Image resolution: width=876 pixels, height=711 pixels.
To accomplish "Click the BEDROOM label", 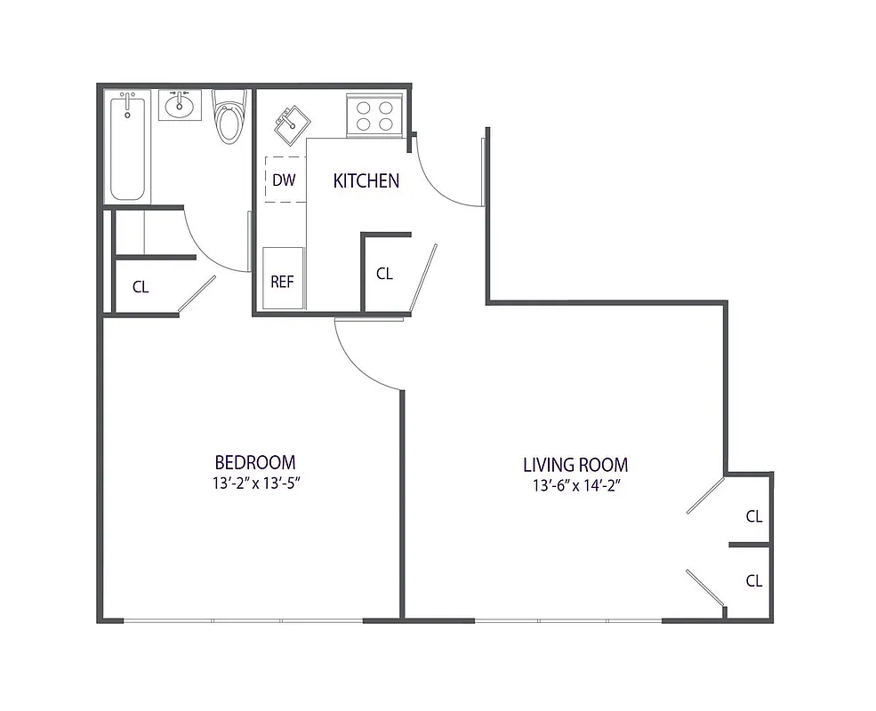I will (254, 462).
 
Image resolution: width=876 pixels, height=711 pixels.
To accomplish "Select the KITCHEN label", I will (366, 181).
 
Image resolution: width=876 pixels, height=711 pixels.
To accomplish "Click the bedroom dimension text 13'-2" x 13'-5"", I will (254, 484).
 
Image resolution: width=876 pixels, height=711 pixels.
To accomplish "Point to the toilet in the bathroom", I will (229, 120).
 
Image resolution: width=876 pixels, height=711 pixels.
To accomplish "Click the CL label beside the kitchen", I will (384, 274).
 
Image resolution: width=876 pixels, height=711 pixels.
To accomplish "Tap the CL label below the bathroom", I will (141, 287).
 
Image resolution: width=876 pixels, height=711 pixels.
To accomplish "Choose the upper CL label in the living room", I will (754, 515).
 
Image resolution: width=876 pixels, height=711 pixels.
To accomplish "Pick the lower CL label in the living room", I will (754, 581).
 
